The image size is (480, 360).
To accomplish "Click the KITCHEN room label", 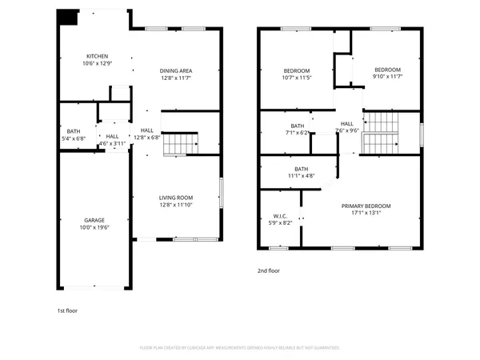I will (98, 56).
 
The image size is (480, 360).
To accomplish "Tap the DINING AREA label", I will (176, 70).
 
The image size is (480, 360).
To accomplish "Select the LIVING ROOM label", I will (176, 198).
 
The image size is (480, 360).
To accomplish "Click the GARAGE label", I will (95, 219).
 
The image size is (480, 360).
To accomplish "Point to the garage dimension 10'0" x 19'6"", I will (95, 227).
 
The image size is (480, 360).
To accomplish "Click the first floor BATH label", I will (74, 130).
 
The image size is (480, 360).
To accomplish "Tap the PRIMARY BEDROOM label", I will (366, 206).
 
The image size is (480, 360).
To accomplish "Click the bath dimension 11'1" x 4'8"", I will (302, 175).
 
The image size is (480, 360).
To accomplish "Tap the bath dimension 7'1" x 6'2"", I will (297, 133).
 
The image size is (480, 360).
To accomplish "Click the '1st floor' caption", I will (66, 310).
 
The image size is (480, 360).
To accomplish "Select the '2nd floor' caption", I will (269, 270).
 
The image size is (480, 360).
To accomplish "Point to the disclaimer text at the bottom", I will (240, 348).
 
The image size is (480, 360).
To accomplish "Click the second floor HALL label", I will (347, 123).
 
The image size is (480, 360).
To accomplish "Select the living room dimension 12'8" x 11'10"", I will (176, 206).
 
